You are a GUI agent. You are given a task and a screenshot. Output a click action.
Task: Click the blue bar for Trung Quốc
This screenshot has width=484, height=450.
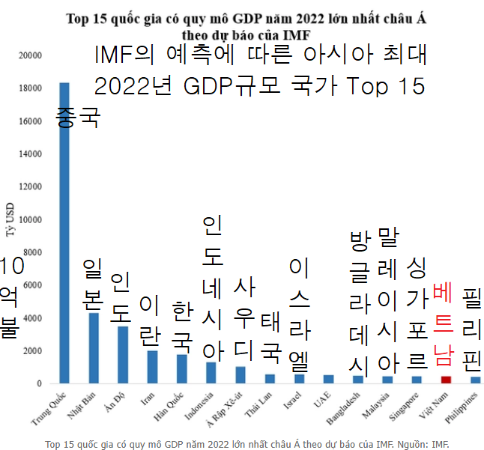coord(64,232)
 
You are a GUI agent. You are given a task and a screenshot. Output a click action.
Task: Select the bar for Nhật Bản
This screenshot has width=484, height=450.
coord(94,348)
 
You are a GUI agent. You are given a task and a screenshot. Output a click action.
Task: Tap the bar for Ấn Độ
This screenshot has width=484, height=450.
coord(123,355)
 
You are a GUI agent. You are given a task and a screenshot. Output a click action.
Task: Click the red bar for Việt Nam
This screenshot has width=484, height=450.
coord(446,380)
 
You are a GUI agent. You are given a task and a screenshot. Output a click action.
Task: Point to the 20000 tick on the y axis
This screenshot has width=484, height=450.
coord(30,55)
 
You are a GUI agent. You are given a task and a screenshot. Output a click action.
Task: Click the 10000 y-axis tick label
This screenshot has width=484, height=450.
coord(30,220)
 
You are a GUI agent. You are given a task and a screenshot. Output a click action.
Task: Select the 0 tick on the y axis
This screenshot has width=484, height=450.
coord(39,384)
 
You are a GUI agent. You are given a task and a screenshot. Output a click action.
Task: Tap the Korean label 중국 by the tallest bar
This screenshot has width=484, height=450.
coord(78,117)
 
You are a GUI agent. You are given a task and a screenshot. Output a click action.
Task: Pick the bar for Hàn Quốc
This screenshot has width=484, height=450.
coord(181,369)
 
